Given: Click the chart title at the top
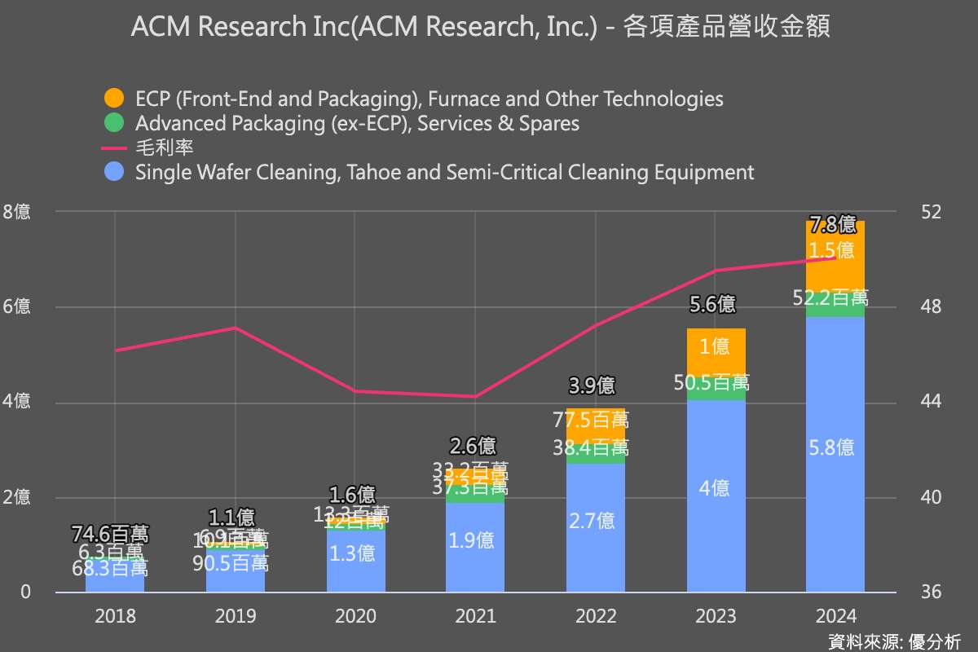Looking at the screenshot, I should tap(481, 28).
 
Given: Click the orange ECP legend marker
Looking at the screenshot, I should tap(114, 99).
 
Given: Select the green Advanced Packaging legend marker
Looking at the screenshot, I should tap(114, 123).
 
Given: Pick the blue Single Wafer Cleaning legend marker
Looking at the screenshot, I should tap(114, 172).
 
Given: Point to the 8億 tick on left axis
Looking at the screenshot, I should tap(17, 212).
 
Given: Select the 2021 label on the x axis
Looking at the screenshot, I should tap(475, 616).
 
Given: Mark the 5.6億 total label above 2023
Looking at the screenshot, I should tap(713, 305).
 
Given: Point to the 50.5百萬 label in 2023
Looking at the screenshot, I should tap(714, 382).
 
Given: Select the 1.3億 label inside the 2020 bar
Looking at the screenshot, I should tap(355, 553).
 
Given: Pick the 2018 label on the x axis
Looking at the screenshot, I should tap(115, 616).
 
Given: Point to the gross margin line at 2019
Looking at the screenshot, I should tap(235, 328).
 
